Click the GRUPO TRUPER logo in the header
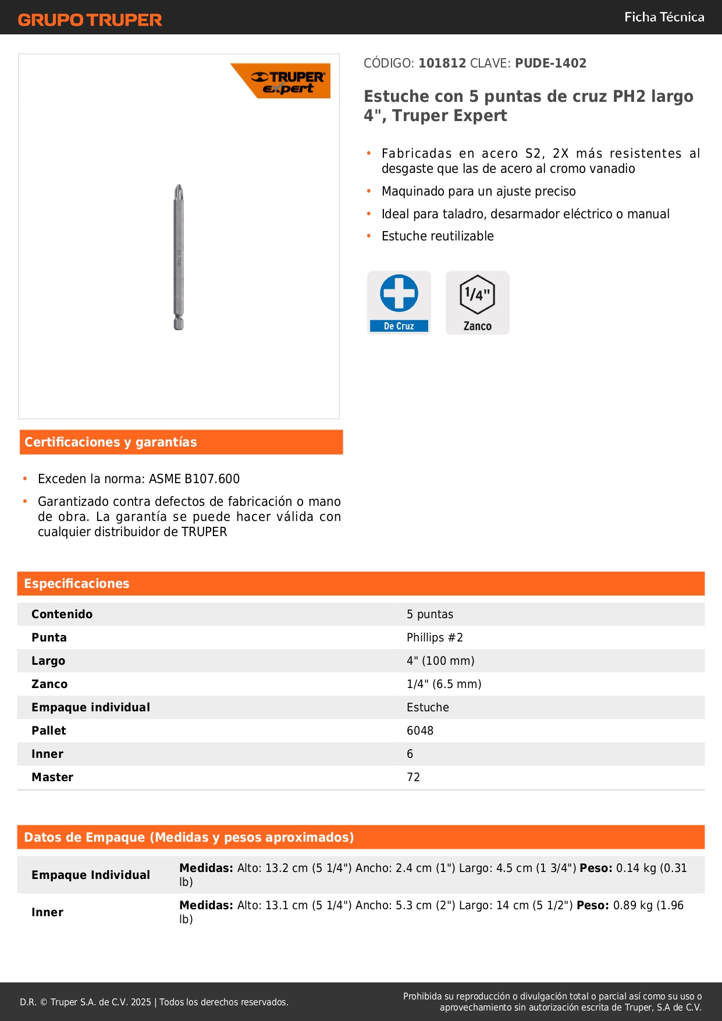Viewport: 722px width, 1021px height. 90,20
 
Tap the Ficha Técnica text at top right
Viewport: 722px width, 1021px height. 664,17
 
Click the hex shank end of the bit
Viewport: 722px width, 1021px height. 179,323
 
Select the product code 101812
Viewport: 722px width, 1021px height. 442,63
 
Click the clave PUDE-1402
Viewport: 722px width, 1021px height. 550,63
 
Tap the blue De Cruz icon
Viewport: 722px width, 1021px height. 399,302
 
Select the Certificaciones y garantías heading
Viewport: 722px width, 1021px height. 111,442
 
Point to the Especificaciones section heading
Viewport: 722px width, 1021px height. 77,584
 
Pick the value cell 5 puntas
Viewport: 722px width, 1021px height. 430,615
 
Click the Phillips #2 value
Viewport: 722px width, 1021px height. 435,638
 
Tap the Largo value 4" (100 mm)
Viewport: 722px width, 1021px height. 440,661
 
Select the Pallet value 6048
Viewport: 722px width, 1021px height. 420,731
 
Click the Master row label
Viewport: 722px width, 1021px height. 52,778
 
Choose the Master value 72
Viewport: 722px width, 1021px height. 413,778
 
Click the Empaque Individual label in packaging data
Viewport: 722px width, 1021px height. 91,875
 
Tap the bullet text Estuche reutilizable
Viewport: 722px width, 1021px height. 438,236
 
